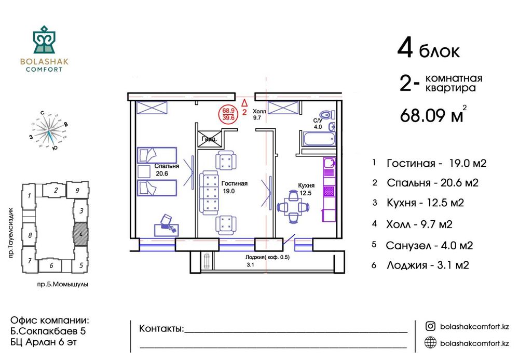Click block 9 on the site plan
77,191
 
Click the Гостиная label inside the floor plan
234,183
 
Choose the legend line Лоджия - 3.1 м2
428,265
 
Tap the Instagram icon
430,326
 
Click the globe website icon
430,342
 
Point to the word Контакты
161,329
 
